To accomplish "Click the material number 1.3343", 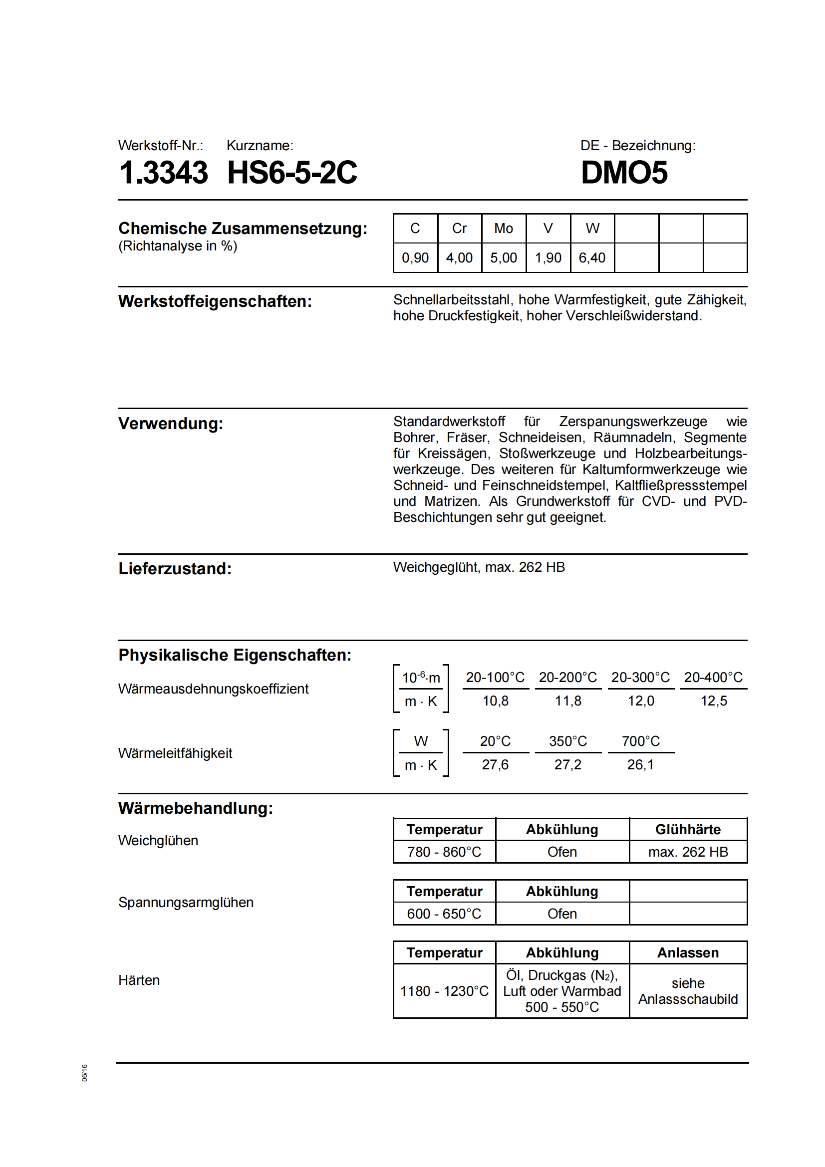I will pyautogui.click(x=163, y=173).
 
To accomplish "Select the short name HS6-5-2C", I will pyautogui.click(x=292, y=173).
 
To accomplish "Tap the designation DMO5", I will pyautogui.click(x=624, y=173).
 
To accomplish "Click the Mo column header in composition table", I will pyautogui.click(x=503, y=229).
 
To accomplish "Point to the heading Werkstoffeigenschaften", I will pyautogui.click(x=215, y=301).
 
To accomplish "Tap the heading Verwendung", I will pyautogui.click(x=171, y=424).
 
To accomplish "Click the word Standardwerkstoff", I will pyautogui.click(x=449, y=422).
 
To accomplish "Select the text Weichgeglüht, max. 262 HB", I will pyautogui.click(x=479, y=567).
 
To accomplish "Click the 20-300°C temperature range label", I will pyautogui.click(x=640, y=678).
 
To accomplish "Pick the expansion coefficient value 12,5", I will pyautogui.click(x=714, y=701).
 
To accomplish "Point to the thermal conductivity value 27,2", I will pyautogui.click(x=568, y=765).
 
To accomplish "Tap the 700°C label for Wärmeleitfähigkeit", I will pyautogui.click(x=640, y=741).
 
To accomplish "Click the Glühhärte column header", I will pyautogui.click(x=688, y=830).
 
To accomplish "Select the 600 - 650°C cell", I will pyautogui.click(x=444, y=914).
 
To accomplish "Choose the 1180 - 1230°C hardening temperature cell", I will pyautogui.click(x=444, y=991).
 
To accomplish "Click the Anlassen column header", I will pyautogui.click(x=688, y=953).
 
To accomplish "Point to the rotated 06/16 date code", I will pyautogui.click(x=84, y=1073).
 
